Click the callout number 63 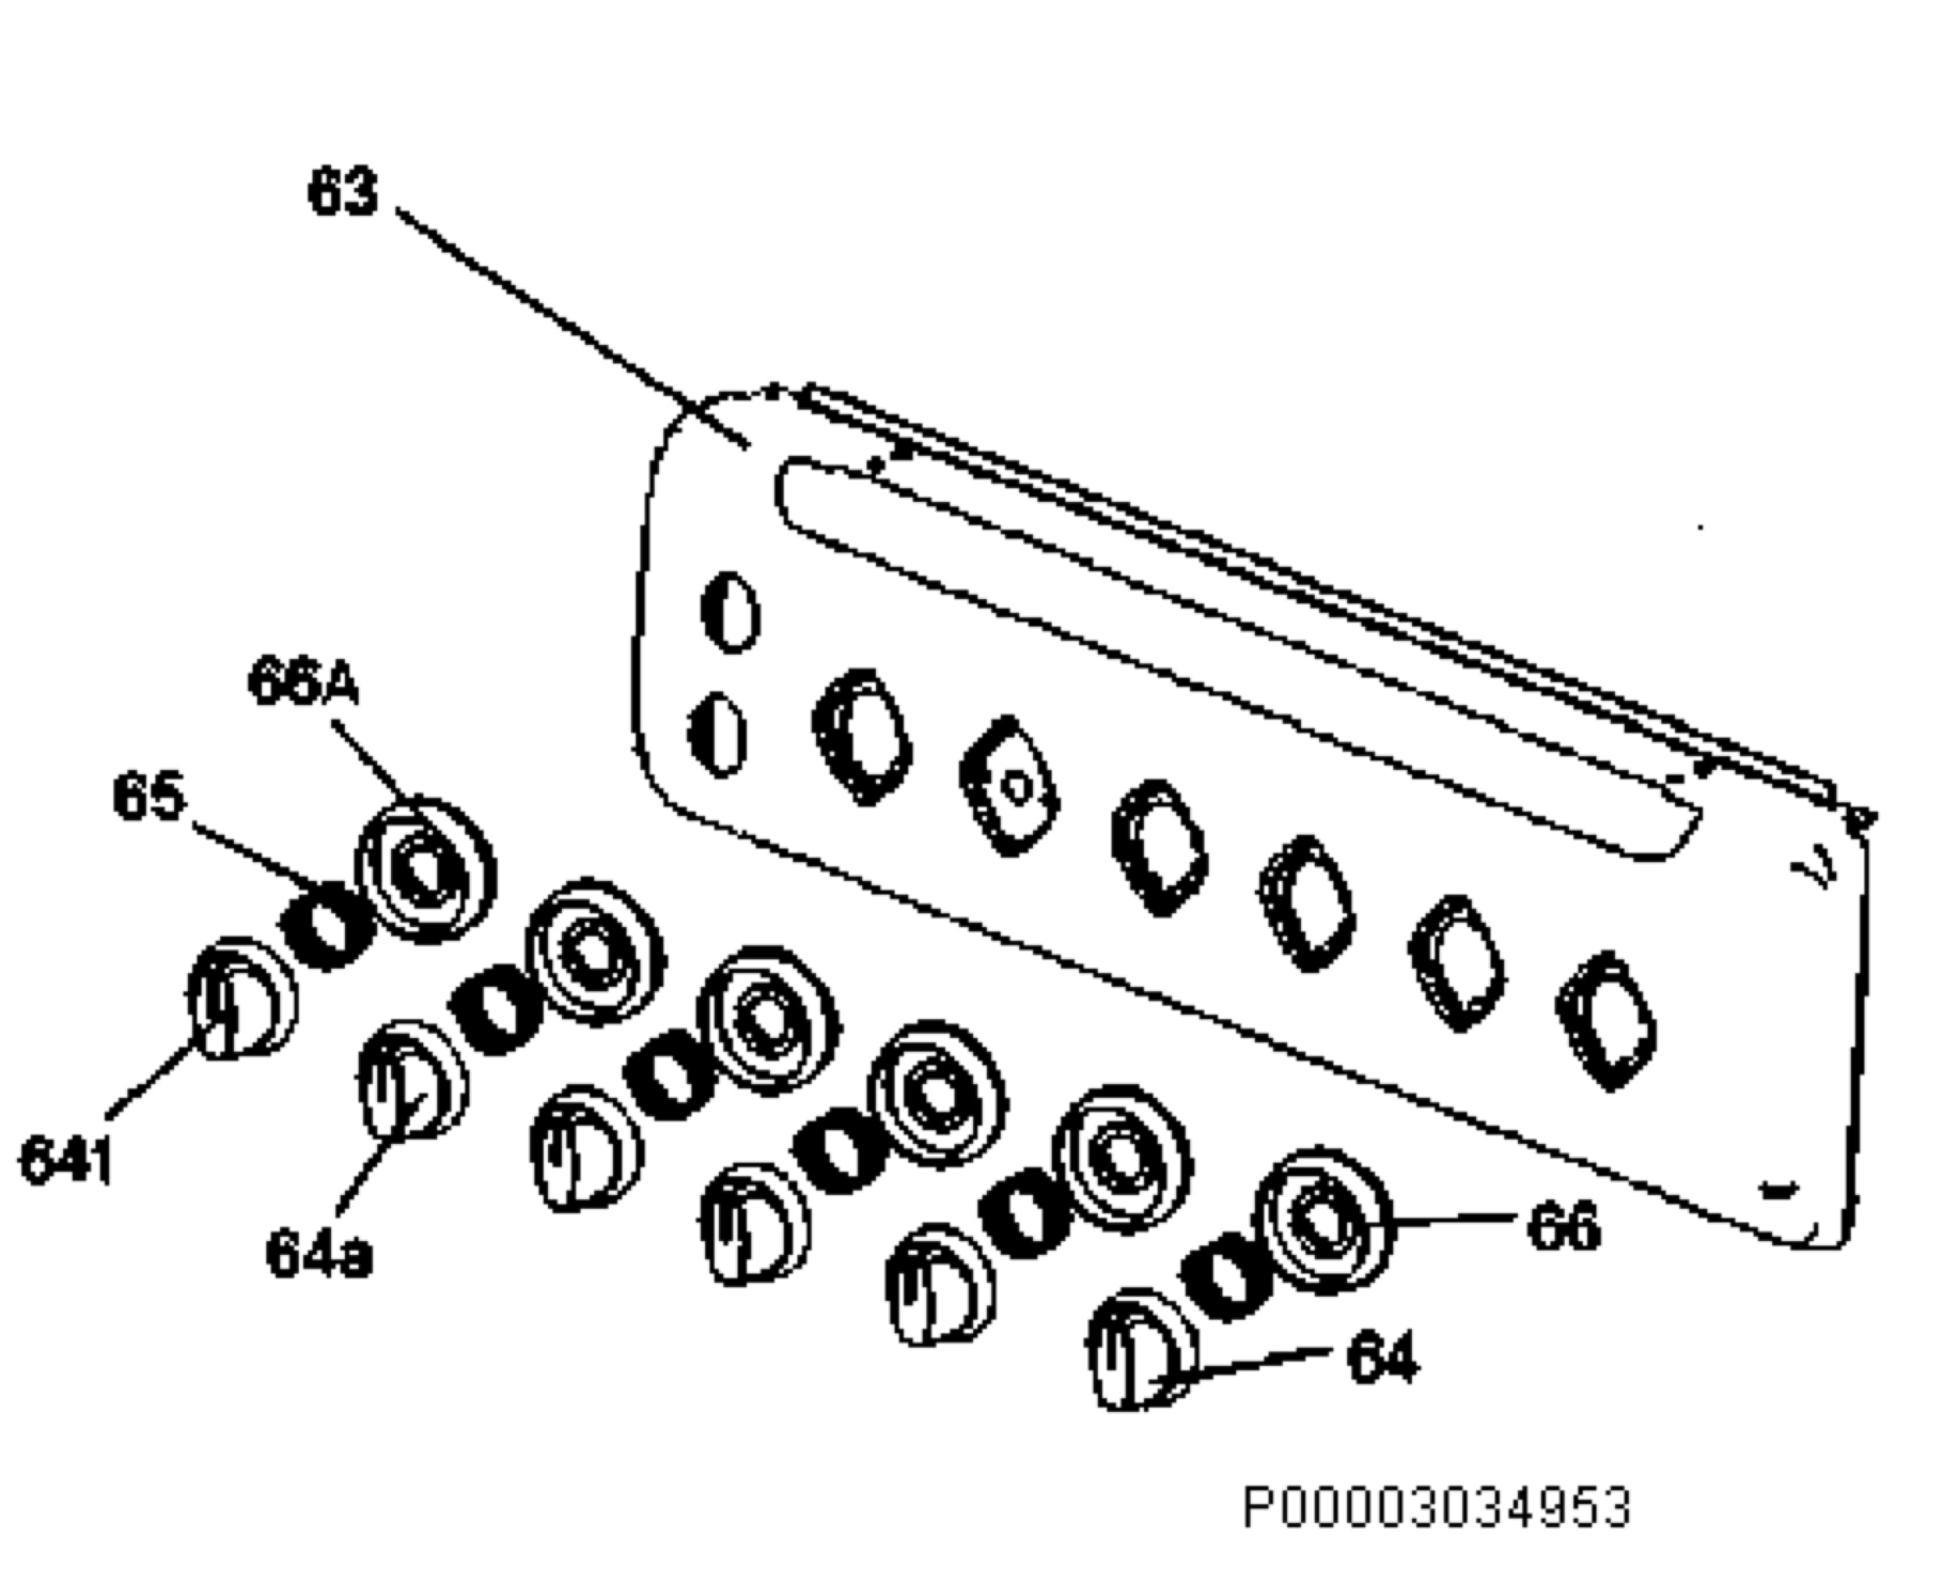[342, 192]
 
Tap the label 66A [304, 682]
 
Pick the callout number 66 [1563, 1225]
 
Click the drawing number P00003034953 [1437, 1507]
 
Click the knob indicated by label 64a [413, 1081]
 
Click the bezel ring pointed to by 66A [425, 870]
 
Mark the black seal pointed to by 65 [327, 925]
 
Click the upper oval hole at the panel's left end [731, 611]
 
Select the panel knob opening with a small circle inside [1010, 786]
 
